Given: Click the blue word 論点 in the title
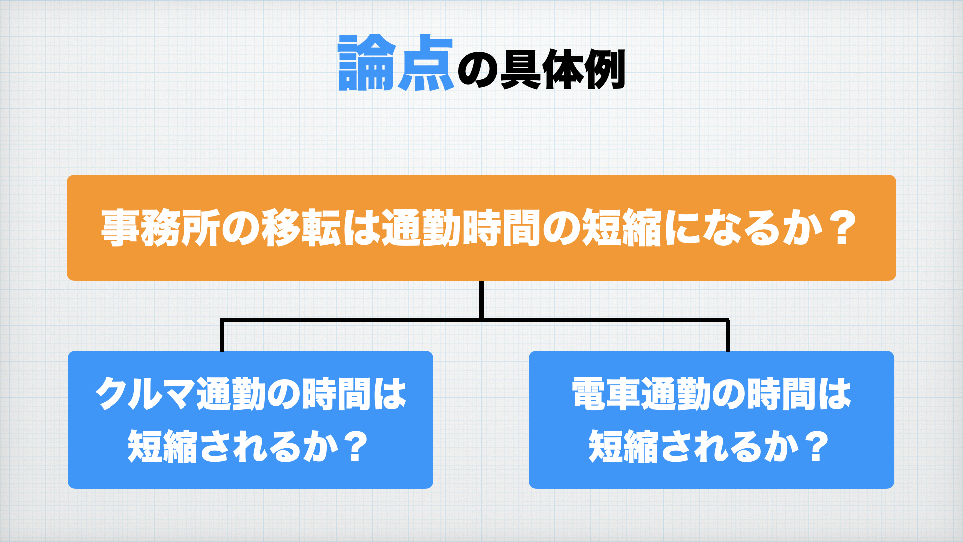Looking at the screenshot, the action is [x=396, y=63].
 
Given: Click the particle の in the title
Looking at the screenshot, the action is [x=478, y=71].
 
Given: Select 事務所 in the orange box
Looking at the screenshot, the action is [x=160, y=228].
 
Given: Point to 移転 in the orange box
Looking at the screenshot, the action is [x=301, y=228].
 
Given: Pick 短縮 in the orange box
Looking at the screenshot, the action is [x=622, y=228].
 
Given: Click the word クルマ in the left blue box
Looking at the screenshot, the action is [x=144, y=394].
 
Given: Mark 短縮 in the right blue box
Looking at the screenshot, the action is [x=623, y=446].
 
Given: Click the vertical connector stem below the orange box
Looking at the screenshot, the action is [x=481, y=300].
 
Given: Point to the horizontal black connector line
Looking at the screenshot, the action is [x=474, y=320].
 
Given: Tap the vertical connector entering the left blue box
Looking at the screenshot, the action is [x=222, y=335].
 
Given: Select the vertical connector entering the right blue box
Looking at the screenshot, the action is [x=728, y=335].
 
